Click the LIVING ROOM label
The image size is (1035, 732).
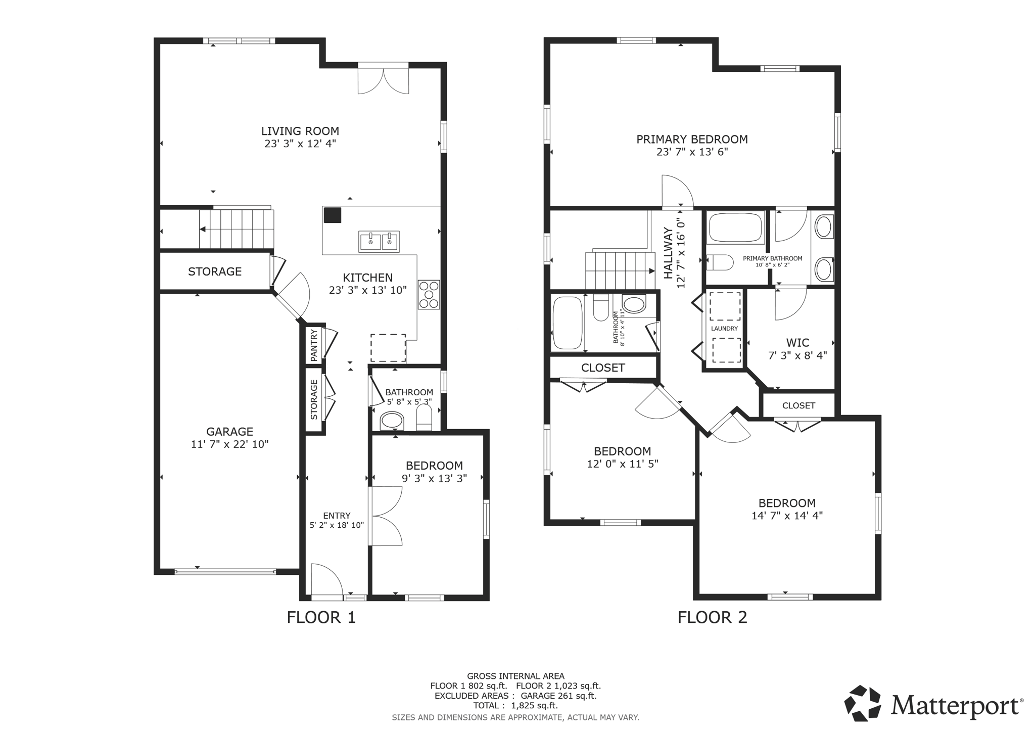(x=300, y=131)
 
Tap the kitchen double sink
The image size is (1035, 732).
(x=379, y=242)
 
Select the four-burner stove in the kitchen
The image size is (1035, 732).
(x=429, y=294)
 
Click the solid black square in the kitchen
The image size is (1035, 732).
(x=333, y=215)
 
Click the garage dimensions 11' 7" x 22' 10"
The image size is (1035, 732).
(x=229, y=444)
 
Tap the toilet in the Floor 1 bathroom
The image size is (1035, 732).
(x=424, y=419)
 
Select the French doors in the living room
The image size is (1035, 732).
(x=383, y=80)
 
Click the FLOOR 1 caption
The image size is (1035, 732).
(x=321, y=617)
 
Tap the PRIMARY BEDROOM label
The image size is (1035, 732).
(x=692, y=139)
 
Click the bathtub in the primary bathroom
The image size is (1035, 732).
(x=735, y=228)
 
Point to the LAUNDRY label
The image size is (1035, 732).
(x=724, y=329)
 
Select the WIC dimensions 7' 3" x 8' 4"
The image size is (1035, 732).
(x=797, y=355)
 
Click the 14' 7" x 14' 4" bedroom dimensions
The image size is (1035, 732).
(x=787, y=516)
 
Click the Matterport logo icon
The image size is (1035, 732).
(x=863, y=703)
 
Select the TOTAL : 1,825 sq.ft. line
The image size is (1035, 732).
(x=515, y=705)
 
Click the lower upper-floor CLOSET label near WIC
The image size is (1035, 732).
(x=798, y=405)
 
